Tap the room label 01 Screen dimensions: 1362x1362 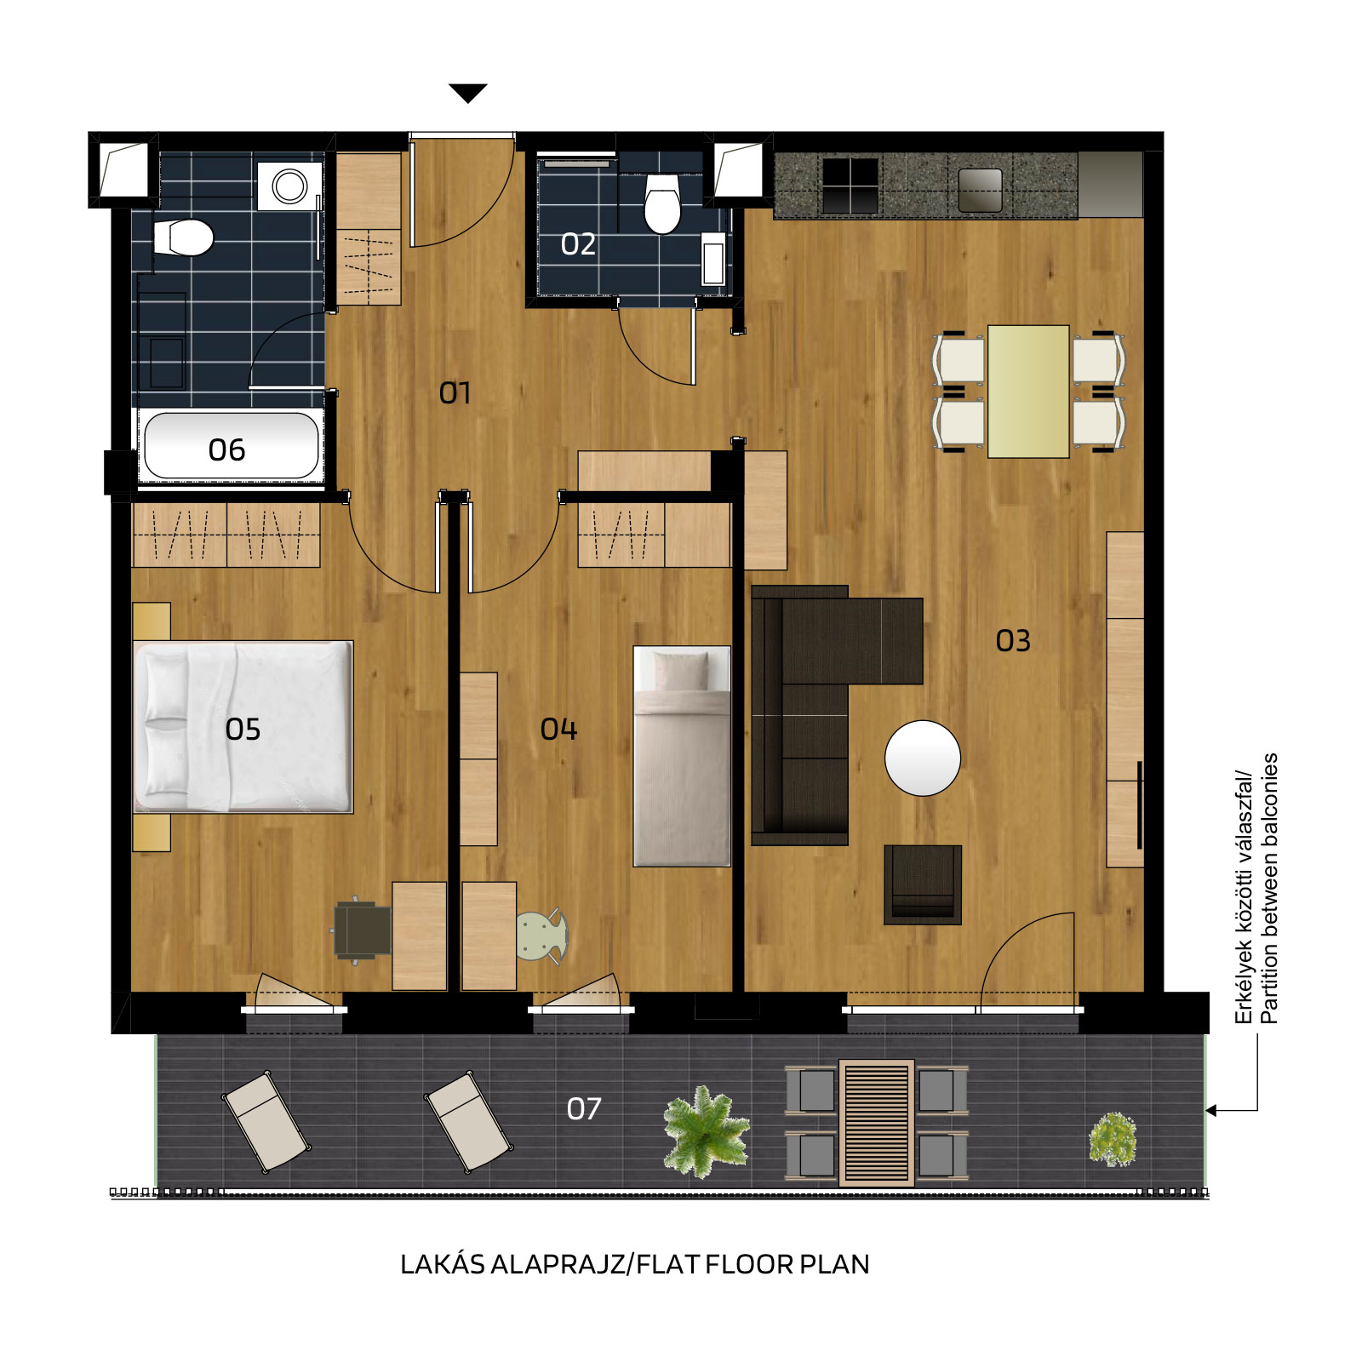(x=455, y=392)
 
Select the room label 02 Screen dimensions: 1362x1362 (x=578, y=244)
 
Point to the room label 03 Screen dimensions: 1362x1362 (x=1013, y=640)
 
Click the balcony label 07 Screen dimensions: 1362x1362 (x=584, y=1108)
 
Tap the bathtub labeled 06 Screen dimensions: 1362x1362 (x=232, y=446)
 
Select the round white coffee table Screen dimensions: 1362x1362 (x=923, y=758)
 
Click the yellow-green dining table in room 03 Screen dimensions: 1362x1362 (x=1028, y=392)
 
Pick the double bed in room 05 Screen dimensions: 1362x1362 (x=243, y=727)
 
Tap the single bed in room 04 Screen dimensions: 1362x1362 (x=682, y=756)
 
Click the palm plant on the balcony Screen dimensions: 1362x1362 (x=706, y=1132)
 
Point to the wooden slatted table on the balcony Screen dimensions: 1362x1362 (x=876, y=1123)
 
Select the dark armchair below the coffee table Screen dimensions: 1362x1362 (x=923, y=884)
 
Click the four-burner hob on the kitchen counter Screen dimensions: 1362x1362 (x=850, y=185)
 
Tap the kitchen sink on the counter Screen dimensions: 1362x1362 (x=980, y=190)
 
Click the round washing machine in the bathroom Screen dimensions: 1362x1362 (x=289, y=186)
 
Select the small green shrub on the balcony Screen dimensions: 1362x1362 (x=1113, y=1139)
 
